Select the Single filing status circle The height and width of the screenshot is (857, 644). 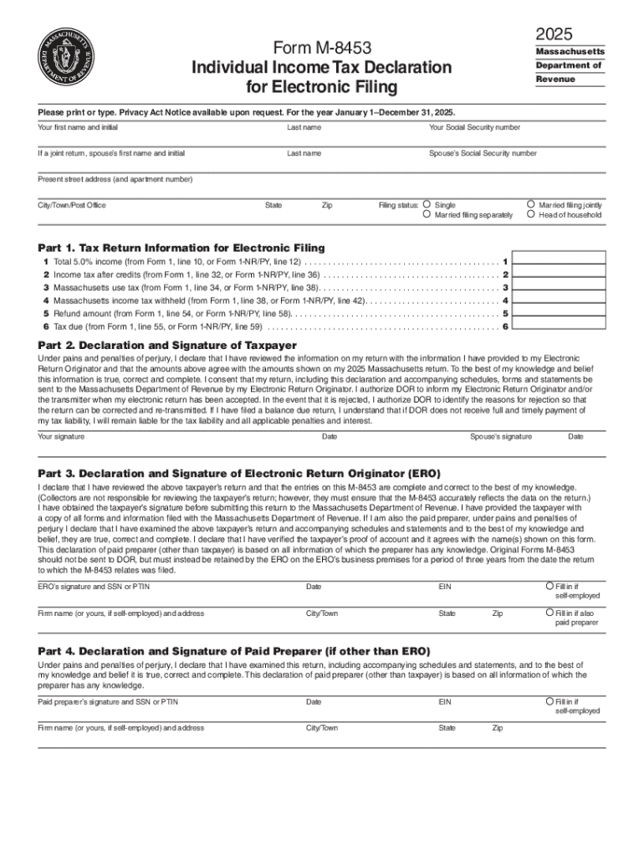coord(427,204)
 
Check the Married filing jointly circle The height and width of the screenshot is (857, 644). coord(531,204)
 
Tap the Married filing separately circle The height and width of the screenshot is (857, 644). coord(427,215)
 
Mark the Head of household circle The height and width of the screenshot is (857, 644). coord(531,215)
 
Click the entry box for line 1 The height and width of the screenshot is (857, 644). coord(558,261)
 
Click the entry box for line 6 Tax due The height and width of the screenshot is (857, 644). coord(558,326)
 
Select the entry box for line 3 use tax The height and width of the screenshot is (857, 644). coord(558,287)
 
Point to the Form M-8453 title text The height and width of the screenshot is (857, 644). coord(322,48)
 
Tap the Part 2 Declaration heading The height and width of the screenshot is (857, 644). coord(167,345)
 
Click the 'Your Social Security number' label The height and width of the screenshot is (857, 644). coord(474,127)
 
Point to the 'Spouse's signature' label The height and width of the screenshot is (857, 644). coord(500,437)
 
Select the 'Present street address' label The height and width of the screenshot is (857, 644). coord(115,179)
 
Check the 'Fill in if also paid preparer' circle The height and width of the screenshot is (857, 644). coord(549,613)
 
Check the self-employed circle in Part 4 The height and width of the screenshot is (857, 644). coord(549,700)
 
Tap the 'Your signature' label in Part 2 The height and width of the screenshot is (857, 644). coord(61,437)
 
